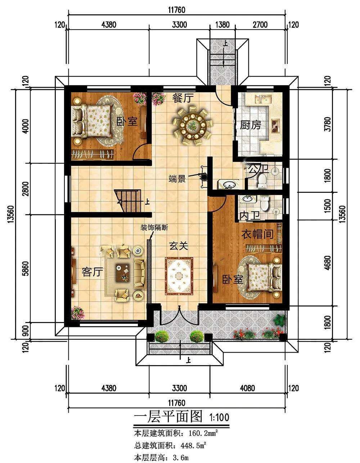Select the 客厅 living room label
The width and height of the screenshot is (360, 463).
point(92,272)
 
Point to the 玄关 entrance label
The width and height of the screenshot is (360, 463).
point(179,246)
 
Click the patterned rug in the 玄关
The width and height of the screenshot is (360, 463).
point(179,276)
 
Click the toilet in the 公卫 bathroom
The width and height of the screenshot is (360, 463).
point(262,181)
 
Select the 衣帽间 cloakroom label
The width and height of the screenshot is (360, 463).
point(257,234)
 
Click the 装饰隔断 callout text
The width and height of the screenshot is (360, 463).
point(154,228)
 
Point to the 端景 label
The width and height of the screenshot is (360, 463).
point(177,179)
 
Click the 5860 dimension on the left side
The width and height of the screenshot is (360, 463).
point(26,268)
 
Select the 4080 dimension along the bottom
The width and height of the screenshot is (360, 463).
point(247,388)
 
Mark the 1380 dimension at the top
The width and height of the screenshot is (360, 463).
point(222,25)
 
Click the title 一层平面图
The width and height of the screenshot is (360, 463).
point(168,416)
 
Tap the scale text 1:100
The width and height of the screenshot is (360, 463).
point(219,417)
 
